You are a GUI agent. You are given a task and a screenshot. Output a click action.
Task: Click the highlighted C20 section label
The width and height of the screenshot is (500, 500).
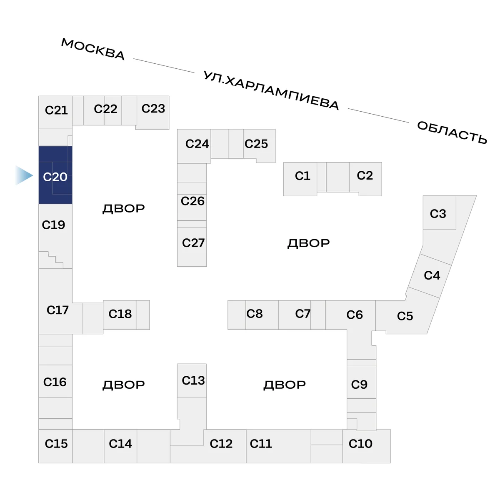55,177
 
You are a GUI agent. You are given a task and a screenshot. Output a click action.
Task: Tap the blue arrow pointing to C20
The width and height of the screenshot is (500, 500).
24,175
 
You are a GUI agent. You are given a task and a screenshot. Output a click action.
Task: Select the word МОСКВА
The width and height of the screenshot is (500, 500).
93,49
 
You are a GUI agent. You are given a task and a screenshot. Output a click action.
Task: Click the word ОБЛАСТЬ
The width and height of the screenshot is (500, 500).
452,132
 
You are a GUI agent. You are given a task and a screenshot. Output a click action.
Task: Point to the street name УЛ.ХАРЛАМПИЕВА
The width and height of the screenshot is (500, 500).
271,90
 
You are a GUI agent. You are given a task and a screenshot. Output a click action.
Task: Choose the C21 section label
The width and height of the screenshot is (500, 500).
56,110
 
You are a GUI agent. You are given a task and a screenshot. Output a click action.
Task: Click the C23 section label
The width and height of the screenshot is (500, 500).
153,108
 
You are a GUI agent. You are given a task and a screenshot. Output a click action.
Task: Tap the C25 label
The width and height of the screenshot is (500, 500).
256,144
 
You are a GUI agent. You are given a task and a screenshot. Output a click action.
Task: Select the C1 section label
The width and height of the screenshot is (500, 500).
302,176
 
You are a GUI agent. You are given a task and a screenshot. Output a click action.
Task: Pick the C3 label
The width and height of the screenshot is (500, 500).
438,214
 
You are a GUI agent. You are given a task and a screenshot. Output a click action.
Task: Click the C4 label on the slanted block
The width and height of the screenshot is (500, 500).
432,275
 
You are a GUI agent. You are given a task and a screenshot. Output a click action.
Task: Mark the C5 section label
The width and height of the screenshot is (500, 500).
405,316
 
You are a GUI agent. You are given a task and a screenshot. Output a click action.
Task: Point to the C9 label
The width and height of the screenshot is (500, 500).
359,385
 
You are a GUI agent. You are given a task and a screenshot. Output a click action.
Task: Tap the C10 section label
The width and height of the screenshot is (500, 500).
360,444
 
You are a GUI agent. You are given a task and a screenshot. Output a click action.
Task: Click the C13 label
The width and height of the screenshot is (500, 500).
193,381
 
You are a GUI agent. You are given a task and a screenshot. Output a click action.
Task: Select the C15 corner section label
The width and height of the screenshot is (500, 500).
56,444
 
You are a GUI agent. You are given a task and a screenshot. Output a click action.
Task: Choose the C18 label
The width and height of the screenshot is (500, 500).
120,314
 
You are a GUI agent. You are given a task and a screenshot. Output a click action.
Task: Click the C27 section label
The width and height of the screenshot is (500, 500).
193,243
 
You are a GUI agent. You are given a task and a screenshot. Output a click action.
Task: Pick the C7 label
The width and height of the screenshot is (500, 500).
303,314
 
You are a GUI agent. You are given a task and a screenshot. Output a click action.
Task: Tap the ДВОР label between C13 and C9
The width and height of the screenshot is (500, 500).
285,385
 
